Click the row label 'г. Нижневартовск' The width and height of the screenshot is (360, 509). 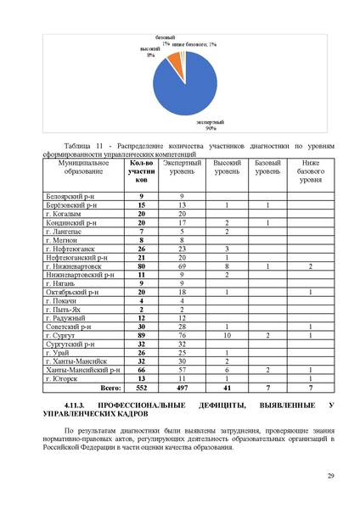click(74, 266)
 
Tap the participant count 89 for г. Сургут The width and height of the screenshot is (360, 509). click(142, 336)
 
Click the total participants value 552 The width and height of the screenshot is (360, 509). click(142, 386)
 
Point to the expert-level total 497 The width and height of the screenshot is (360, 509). click(182, 386)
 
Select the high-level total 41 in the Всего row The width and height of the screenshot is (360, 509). click(227, 386)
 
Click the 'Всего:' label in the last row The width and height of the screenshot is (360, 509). click(110, 386)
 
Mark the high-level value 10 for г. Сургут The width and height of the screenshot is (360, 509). click(227, 336)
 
